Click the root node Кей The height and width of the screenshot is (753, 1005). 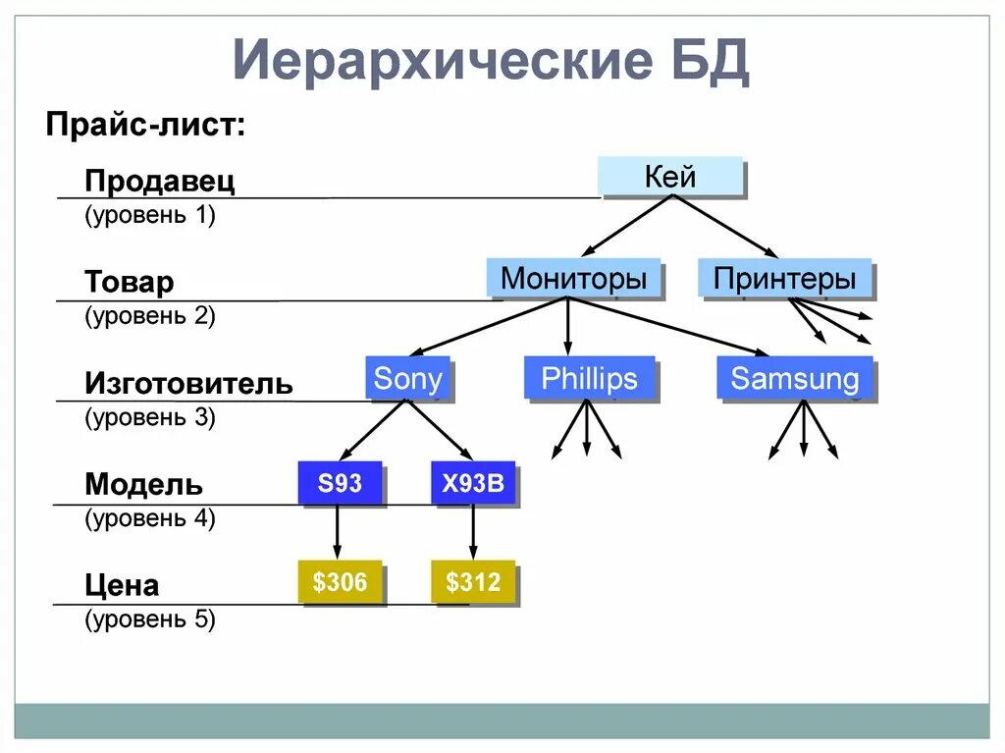click(670, 178)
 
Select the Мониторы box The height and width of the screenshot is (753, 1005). click(573, 279)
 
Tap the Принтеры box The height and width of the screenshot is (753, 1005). click(784, 279)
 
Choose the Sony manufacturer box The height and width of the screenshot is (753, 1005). click(407, 379)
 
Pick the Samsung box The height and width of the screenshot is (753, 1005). click(794, 379)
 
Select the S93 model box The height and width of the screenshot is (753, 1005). click(339, 483)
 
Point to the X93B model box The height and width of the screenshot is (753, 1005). click(472, 483)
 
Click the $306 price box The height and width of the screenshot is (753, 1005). click(339, 582)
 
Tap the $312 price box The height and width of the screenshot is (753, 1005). click(472, 582)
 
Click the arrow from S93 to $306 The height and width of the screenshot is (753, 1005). click(338, 532)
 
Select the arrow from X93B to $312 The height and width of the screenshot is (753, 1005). click(473, 532)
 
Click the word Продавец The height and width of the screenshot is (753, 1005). click(160, 182)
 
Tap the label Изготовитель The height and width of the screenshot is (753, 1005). click(188, 383)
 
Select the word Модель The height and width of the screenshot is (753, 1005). click(143, 484)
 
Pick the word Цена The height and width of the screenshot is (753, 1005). click(122, 586)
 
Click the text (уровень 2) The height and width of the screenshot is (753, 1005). click(149, 316)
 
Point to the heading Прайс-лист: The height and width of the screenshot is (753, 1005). click(146, 125)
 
